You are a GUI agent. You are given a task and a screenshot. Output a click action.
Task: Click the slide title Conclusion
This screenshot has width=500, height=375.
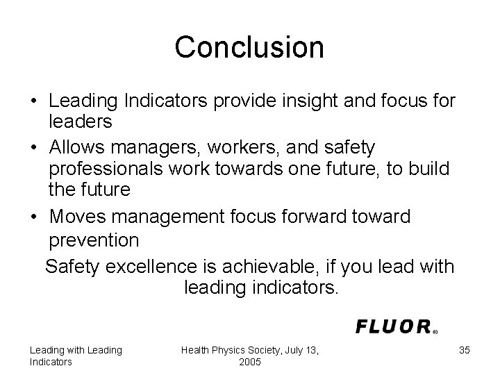(249, 47)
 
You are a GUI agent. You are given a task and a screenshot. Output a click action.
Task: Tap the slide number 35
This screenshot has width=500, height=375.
(465, 350)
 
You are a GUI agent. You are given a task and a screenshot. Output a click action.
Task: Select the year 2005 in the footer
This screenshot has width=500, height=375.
(249, 362)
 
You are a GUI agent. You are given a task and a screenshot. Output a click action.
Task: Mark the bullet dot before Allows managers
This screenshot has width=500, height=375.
(34, 148)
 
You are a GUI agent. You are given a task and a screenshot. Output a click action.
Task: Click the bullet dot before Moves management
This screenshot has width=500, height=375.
(34, 217)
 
